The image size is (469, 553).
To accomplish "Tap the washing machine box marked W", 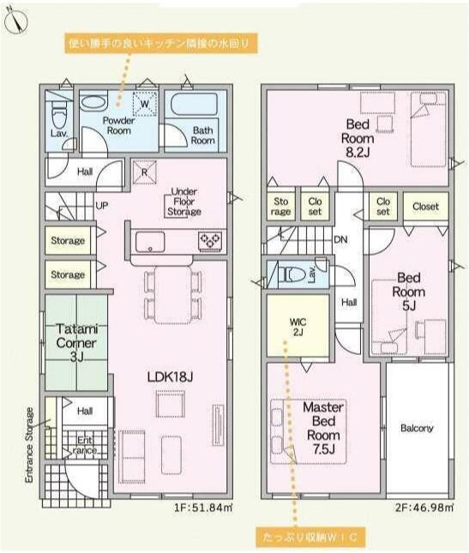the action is (x=145, y=104).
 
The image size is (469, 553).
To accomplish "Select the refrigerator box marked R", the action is (x=144, y=172).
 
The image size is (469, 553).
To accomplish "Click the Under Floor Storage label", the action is (x=184, y=201).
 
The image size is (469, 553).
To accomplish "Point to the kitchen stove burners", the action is (x=210, y=241).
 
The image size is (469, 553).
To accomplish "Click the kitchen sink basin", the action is (x=150, y=242).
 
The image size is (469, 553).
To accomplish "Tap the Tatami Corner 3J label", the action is (x=76, y=343).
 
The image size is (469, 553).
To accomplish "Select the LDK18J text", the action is (x=170, y=377).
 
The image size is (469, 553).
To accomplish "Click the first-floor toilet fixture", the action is (x=59, y=113).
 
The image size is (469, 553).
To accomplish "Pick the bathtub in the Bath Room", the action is (x=195, y=104).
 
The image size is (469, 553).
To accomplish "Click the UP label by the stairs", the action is (x=102, y=206).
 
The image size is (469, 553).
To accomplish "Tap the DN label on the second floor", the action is (x=340, y=240).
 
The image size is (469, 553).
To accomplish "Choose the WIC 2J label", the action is (x=298, y=327).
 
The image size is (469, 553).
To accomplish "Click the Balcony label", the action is (x=418, y=428).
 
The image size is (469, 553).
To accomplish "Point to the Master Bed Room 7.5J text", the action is (x=323, y=428).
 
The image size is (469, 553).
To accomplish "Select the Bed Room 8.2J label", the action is (x=358, y=138).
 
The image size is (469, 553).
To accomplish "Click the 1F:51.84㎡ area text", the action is (x=203, y=508).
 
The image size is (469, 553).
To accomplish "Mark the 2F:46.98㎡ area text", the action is (x=424, y=508).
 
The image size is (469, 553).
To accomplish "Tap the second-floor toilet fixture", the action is (x=292, y=274).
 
